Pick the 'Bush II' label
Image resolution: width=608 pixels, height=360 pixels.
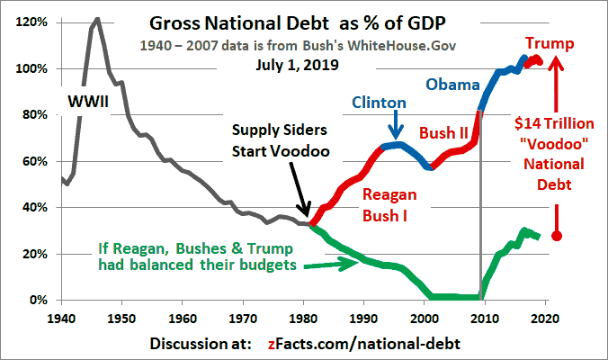coord(444,133)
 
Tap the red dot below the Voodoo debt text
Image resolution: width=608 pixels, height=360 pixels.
coord(557,236)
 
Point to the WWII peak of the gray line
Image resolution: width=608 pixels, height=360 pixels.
coord(96,19)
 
